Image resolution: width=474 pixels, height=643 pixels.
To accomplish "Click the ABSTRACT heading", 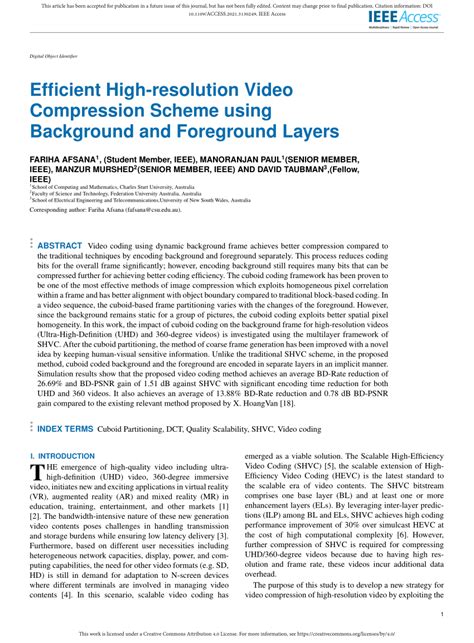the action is (60, 245).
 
